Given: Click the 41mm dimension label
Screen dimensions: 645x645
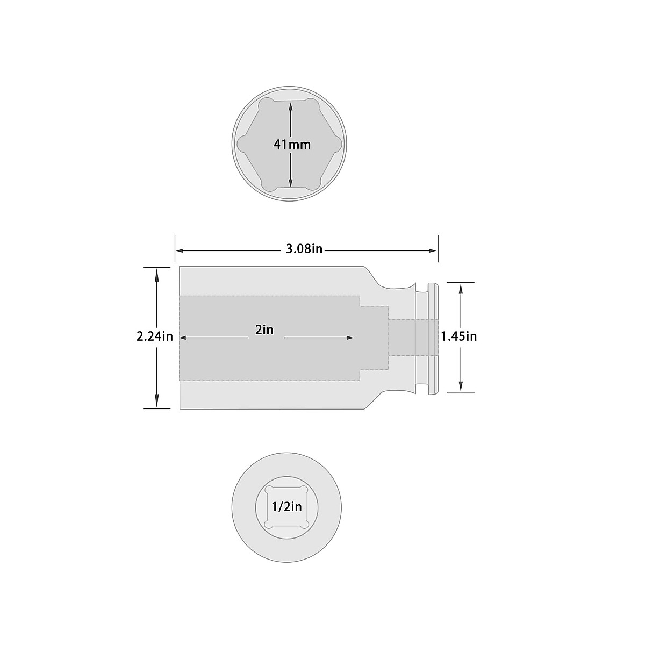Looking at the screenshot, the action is [292, 145].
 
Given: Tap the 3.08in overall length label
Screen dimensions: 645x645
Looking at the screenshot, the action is [304, 249].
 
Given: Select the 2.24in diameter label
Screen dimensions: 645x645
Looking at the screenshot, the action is [155, 336].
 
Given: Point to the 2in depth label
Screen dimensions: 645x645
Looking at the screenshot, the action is [264, 330].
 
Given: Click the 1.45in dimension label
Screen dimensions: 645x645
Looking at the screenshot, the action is [458, 336].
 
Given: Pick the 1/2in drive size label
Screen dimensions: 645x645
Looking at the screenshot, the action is [286, 507].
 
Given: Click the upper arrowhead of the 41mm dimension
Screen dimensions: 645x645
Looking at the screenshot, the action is [291, 107].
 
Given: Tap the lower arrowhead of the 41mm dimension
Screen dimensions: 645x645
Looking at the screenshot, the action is [291, 182].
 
